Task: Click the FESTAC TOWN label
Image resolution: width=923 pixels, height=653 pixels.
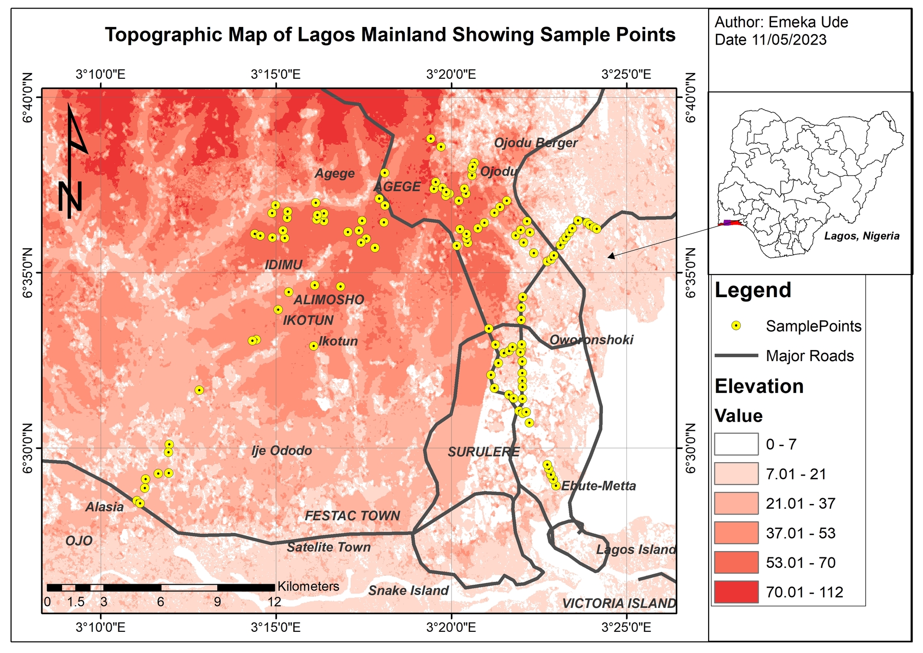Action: click(352, 516)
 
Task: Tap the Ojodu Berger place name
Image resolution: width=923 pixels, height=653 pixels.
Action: click(536, 143)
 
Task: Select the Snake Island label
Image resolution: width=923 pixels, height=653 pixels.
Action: click(408, 590)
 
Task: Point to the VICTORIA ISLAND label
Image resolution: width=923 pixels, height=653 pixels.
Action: click(619, 603)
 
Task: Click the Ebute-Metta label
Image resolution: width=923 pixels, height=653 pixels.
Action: click(599, 486)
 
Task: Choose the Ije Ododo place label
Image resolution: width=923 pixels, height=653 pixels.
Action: click(282, 451)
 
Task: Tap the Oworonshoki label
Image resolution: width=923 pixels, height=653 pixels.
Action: click(591, 340)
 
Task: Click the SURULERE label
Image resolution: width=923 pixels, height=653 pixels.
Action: click(484, 452)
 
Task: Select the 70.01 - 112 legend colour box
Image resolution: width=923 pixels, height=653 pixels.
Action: click(736, 592)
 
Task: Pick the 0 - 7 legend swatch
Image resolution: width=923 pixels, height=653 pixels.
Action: click(736, 444)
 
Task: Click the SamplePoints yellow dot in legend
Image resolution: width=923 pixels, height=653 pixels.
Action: click(736, 326)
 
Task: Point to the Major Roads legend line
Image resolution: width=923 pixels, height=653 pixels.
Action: click(736, 356)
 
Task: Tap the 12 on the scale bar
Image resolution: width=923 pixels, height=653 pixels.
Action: click(274, 602)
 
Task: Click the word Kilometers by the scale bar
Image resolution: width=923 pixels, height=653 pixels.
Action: click(308, 586)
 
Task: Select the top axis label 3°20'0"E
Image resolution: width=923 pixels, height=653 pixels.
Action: click(451, 75)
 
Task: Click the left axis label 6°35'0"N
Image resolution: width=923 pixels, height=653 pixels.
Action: click(27, 273)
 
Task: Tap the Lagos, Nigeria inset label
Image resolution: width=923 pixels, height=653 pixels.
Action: click(861, 236)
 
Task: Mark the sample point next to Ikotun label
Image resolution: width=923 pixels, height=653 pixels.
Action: click(313, 346)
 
